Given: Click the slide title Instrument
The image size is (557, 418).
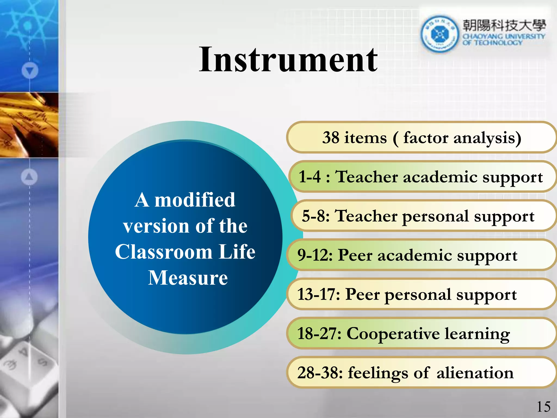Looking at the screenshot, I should point(288,60).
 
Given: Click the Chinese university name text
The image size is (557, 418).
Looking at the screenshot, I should point(504,26).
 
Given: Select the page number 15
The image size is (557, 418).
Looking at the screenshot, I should point(543,407).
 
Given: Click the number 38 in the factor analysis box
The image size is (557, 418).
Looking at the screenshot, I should point(331,137).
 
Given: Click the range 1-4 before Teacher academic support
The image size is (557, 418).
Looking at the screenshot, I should point(310,177).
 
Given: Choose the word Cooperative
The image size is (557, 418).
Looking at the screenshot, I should point(393,334).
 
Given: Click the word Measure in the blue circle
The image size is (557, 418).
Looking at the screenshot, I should point(188,278).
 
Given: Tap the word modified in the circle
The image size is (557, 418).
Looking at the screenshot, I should point(195,200).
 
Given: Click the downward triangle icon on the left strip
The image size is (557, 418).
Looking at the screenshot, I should point(30,70).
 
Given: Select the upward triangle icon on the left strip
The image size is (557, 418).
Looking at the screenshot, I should point(29,177).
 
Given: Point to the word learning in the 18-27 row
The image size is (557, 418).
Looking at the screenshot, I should point(477,334).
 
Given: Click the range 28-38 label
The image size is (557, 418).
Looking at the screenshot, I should point(320,373).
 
